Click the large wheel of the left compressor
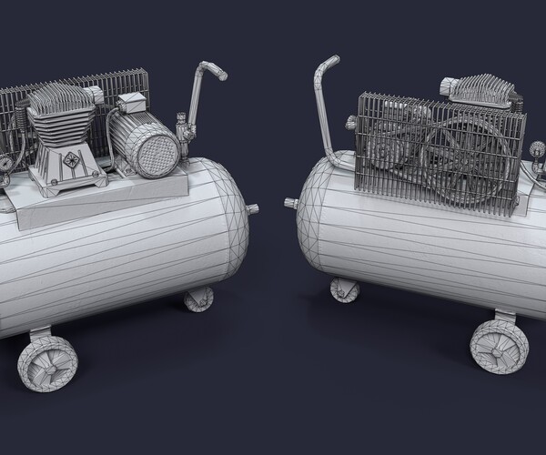(x=46, y=361)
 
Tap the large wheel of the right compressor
(x=493, y=347)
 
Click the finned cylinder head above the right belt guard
(x=479, y=89)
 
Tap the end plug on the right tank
(x=290, y=203)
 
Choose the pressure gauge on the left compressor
(x=5, y=164)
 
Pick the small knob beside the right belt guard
(x=350, y=122)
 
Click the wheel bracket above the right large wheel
(x=503, y=316)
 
